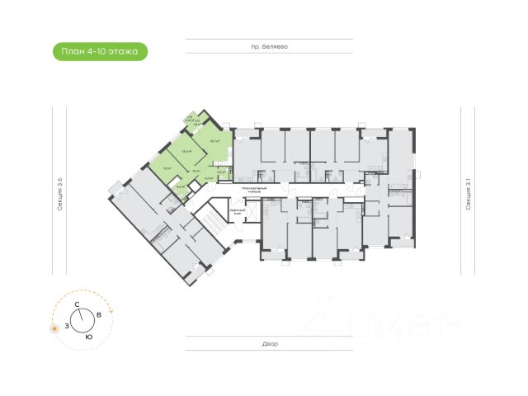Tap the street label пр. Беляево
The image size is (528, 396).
click(x=274, y=48)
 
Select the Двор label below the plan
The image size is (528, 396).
click(x=271, y=342)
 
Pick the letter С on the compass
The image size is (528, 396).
click(x=77, y=305)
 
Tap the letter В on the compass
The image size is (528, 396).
click(x=99, y=315)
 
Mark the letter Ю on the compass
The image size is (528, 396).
click(x=87, y=337)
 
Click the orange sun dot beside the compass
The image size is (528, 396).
click(x=54, y=328)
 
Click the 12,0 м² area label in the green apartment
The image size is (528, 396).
click(x=187, y=151)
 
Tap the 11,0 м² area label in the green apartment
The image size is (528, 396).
click(x=168, y=168)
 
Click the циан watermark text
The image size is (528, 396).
click(x=404, y=324)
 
